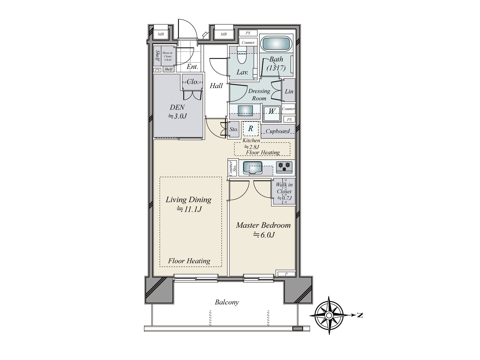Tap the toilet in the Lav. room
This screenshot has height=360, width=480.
pyautogui.click(x=241, y=55)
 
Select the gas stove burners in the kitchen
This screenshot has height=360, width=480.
pyautogui.click(x=284, y=167)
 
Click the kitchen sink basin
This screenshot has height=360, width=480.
pyautogui.click(x=252, y=167)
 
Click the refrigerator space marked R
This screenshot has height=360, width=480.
pyautogui.click(x=250, y=129)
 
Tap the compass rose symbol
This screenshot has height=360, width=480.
pyautogui.click(x=329, y=316)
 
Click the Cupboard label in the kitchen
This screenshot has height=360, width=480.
pyautogui.click(x=278, y=131)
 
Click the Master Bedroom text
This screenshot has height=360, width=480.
pyautogui.click(x=263, y=225)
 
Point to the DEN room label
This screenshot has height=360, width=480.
pyautogui.click(x=177, y=107)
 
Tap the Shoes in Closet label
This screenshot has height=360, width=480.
pyautogui.click(x=167, y=56)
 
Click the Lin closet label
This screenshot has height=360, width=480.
pyautogui.click(x=289, y=91)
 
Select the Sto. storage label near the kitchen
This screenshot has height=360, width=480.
pyautogui.click(x=233, y=130)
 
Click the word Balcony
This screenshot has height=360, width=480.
pyautogui.click(x=227, y=302)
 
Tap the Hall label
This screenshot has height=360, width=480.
pyautogui.click(x=216, y=86)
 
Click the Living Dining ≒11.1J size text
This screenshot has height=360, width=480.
pyautogui.click(x=189, y=209)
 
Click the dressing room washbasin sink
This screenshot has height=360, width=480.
pyautogui.click(x=245, y=111)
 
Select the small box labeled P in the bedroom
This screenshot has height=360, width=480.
pyautogui.click(x=286, y=274)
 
